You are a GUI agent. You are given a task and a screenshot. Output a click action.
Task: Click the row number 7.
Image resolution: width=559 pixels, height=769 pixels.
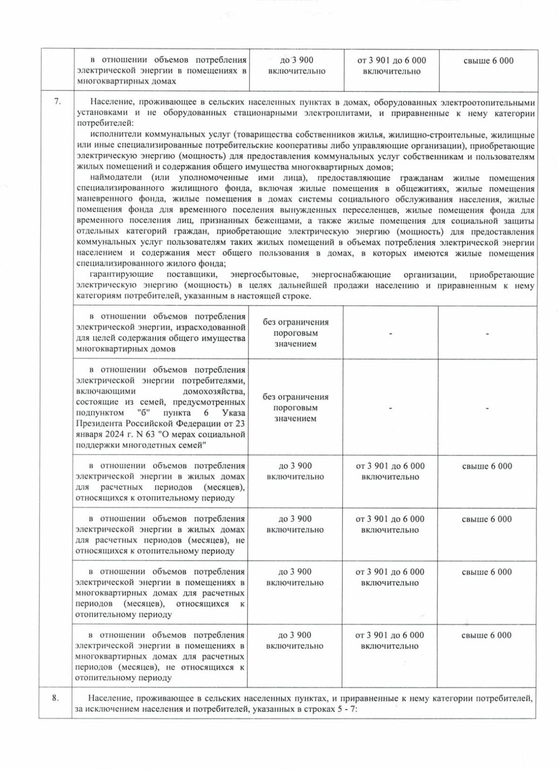[x=57, y=102]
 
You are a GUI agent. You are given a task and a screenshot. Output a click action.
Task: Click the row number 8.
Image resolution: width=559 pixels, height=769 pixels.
[x=55, y=698]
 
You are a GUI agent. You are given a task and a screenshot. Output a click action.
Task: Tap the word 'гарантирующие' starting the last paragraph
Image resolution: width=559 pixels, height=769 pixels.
[x=115, y=275]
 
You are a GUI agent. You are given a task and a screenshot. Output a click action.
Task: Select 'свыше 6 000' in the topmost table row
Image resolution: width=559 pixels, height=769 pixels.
[x=489, y=61]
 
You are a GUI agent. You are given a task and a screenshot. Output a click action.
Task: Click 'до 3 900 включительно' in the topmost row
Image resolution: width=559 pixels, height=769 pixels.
[x=297, y=66]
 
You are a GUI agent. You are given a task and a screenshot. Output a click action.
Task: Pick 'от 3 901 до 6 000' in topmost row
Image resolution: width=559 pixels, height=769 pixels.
[x=391, y=61]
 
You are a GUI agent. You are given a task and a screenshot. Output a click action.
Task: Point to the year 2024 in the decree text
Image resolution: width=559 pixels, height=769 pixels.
[x=114, y=435]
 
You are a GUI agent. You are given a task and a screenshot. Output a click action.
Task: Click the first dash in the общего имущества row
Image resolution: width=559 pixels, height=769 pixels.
[x=390, y=333]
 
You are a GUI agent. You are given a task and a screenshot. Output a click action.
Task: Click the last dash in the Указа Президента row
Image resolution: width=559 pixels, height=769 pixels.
[x=487, y=408]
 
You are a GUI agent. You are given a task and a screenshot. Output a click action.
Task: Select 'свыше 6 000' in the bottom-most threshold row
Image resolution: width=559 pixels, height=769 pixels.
[x=486, y=635]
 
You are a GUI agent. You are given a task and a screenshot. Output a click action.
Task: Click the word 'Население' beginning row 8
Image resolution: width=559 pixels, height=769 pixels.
[x=109, y=699]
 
